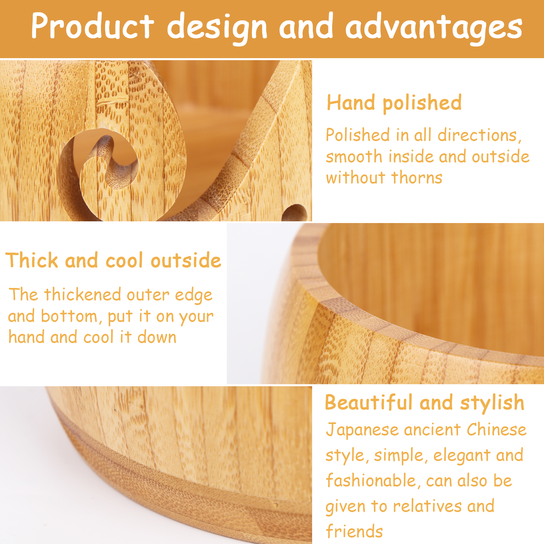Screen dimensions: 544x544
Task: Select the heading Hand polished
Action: [394, 103]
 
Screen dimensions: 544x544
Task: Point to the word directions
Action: [479, 136]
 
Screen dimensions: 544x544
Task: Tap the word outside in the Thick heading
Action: [186, 261]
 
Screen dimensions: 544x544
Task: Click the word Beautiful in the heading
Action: [369, 403]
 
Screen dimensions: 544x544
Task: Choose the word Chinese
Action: [496, 429]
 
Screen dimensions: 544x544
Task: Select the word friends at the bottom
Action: [354, 531]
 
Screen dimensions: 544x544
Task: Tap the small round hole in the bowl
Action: [295, 213]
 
